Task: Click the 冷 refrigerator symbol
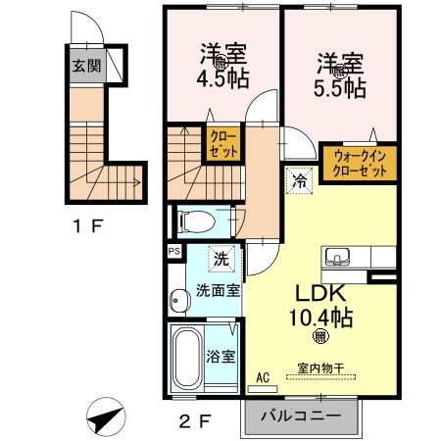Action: [x=298, y=180]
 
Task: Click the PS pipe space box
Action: [x=173, y=251]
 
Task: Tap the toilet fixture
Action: [x=194, y=221]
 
